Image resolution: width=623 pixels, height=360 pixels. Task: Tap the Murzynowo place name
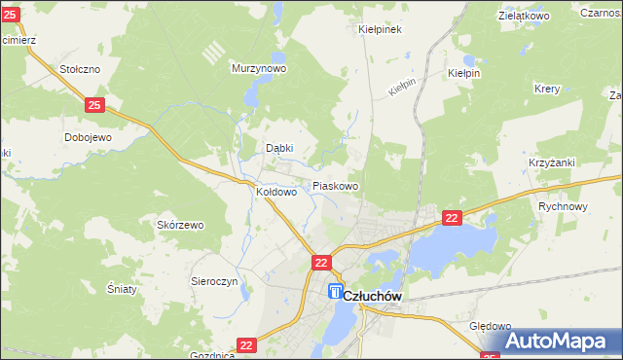coord(258,69)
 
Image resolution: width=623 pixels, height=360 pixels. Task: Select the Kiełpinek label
coord(381,29)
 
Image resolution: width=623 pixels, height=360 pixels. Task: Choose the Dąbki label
coord(280,149)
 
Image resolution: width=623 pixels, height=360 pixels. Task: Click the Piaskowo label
coord(336,186)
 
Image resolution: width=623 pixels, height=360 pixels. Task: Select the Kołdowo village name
coord(275,193)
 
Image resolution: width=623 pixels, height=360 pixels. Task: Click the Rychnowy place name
coord(564,206)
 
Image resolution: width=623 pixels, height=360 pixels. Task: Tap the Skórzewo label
coord(180,225)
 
